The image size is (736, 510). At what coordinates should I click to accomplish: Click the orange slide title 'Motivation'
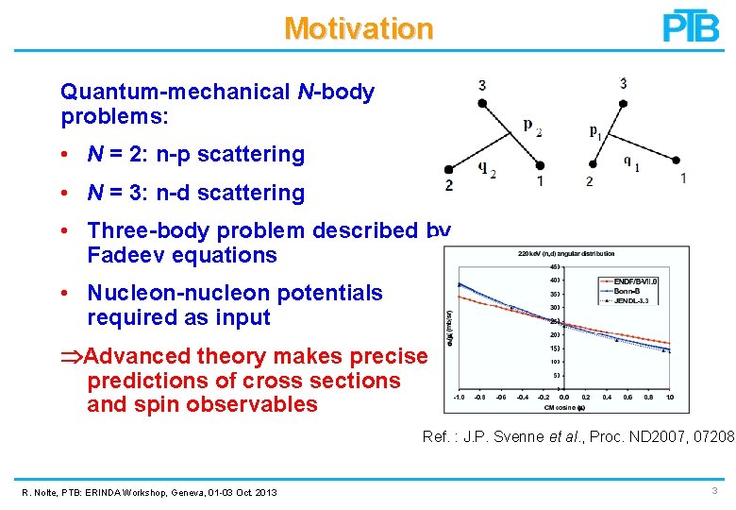coord(359,28)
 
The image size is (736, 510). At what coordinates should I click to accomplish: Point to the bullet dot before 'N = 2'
coord(70,155)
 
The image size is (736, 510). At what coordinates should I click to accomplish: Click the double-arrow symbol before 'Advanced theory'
coord(71,357)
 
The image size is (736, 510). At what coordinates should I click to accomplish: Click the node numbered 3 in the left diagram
coord(482,103)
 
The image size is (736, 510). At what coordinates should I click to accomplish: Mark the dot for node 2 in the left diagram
coord(449,170)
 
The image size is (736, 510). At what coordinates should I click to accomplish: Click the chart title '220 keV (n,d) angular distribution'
coord(566,253)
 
